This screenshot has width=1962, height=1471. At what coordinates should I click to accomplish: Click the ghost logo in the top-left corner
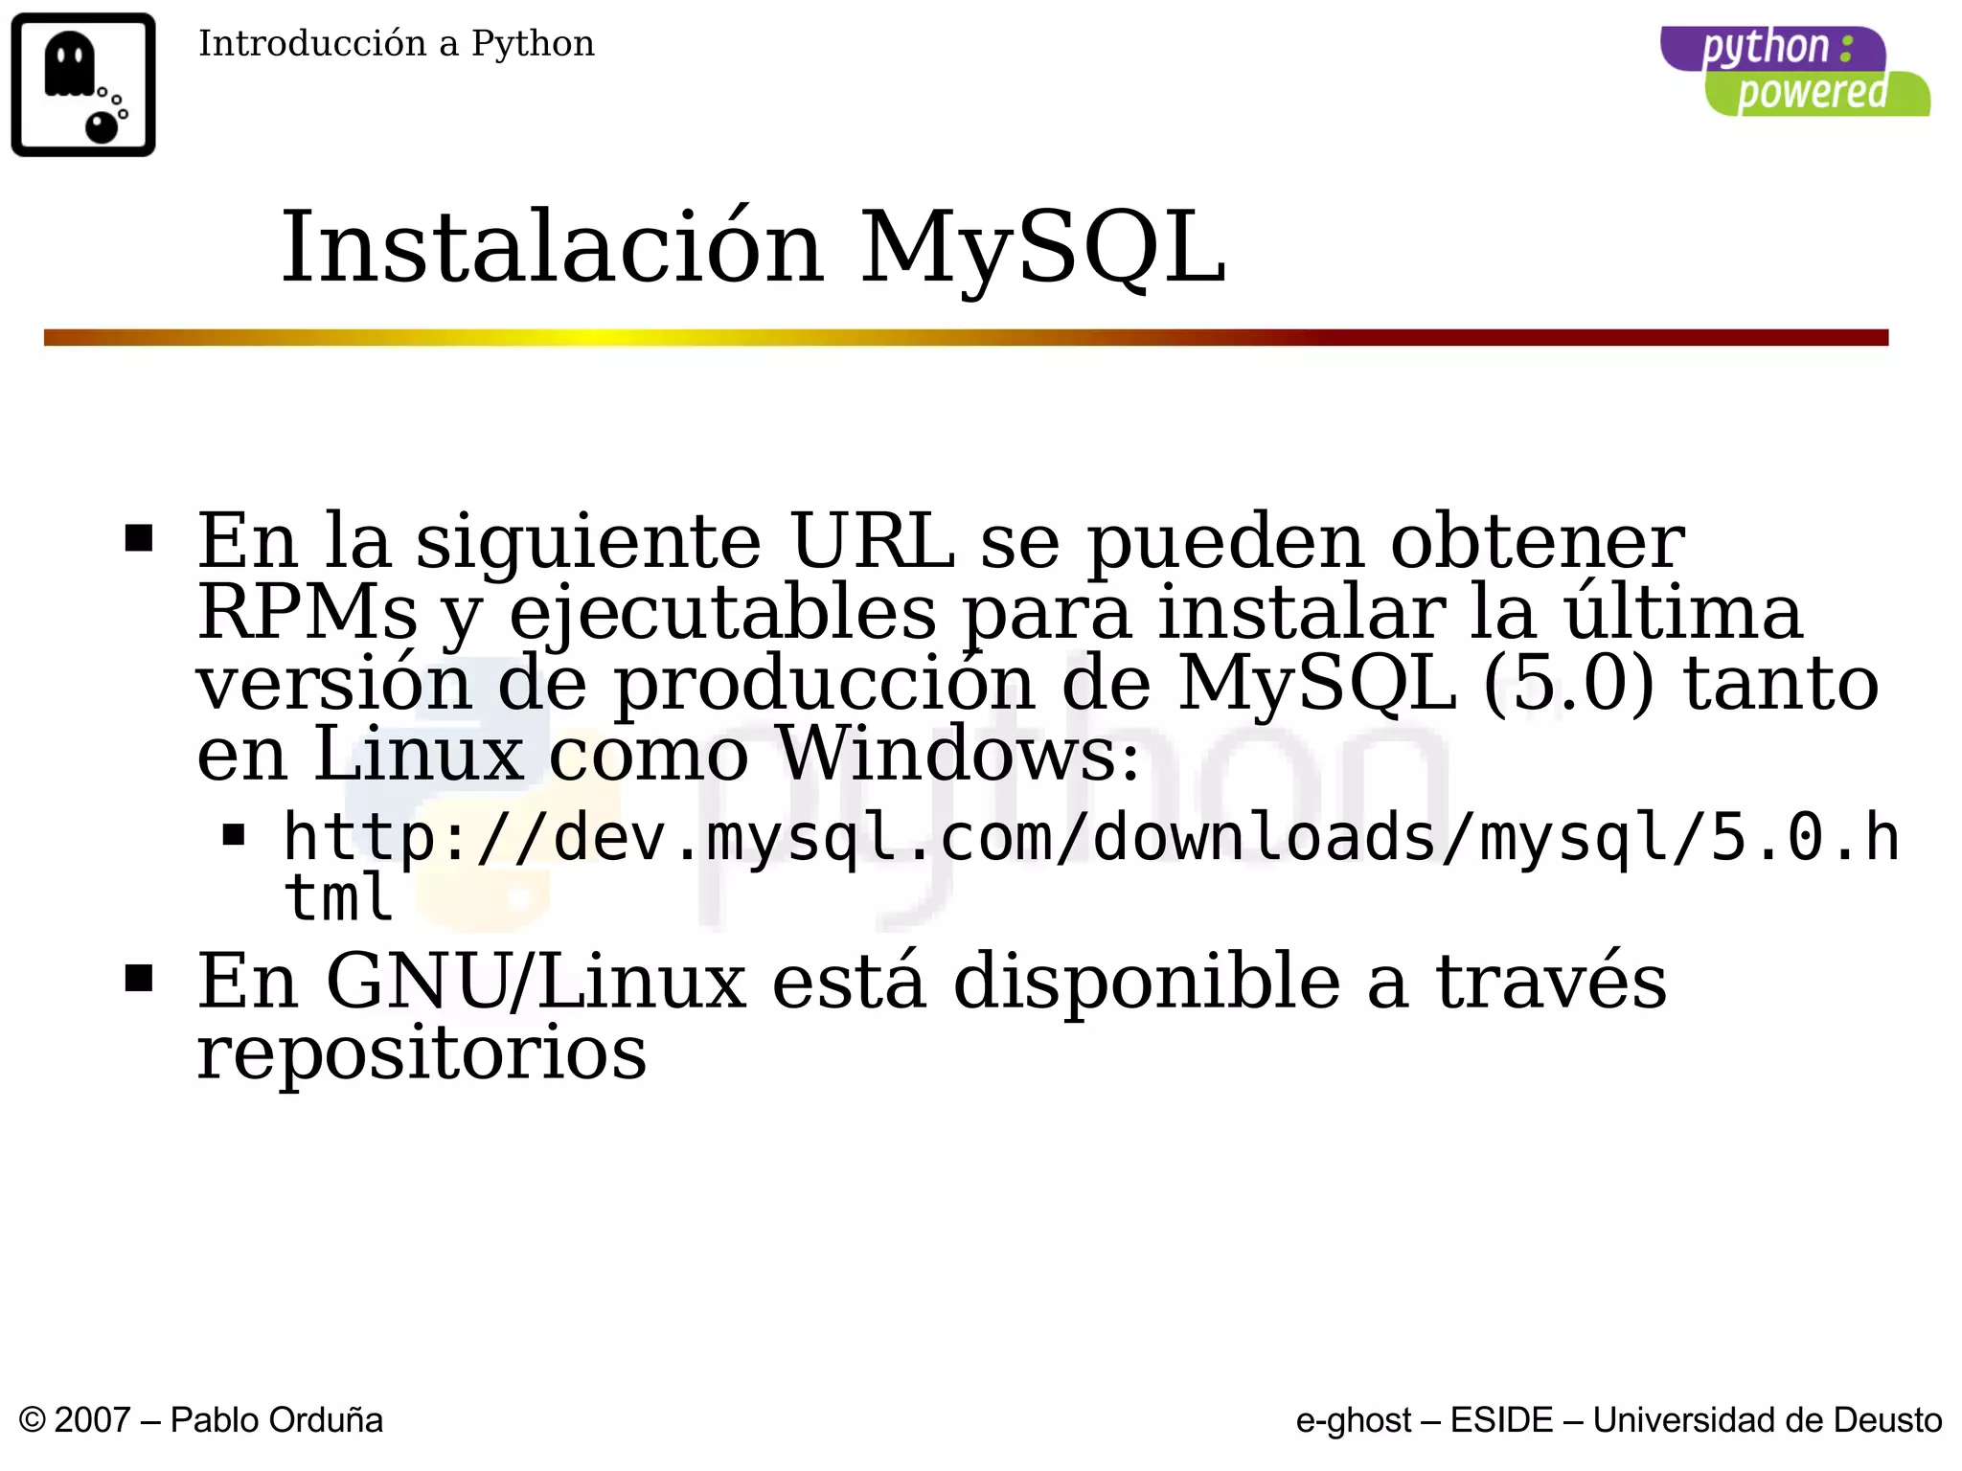click(83, 84)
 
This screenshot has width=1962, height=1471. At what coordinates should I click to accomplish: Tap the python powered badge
click(1794, 72)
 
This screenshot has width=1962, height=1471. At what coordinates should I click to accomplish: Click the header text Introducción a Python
click(396, 44)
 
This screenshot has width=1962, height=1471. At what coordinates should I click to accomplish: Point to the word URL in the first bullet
click(872, 542)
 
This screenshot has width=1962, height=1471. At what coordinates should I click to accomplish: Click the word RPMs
click(308, 613)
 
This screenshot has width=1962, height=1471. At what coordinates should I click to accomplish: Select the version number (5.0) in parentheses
click(1567, 684)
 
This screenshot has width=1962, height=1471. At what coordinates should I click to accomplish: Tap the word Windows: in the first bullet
click(958, 754)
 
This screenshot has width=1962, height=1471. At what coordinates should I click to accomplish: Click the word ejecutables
click(722, 613)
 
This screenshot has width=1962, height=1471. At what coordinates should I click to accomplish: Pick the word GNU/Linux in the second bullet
click(536, 982)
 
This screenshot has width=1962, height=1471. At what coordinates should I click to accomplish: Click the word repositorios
click(422, 1052)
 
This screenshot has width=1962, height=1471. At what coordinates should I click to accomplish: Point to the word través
click(1550, 982)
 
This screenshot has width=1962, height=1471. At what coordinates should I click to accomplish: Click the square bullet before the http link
click(234, 836)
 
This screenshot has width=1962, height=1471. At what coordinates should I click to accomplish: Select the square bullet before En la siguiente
click(139, 538)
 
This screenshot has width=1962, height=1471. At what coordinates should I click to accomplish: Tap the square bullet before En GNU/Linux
click(139, 979)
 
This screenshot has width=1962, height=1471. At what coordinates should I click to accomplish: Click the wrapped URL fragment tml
click(338, 898)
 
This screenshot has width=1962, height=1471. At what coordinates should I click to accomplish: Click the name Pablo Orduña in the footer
click(276, 1420)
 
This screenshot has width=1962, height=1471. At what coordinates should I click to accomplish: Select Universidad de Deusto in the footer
click(1768, 1420)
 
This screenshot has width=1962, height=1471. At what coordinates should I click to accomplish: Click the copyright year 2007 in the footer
click(92, 1420)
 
